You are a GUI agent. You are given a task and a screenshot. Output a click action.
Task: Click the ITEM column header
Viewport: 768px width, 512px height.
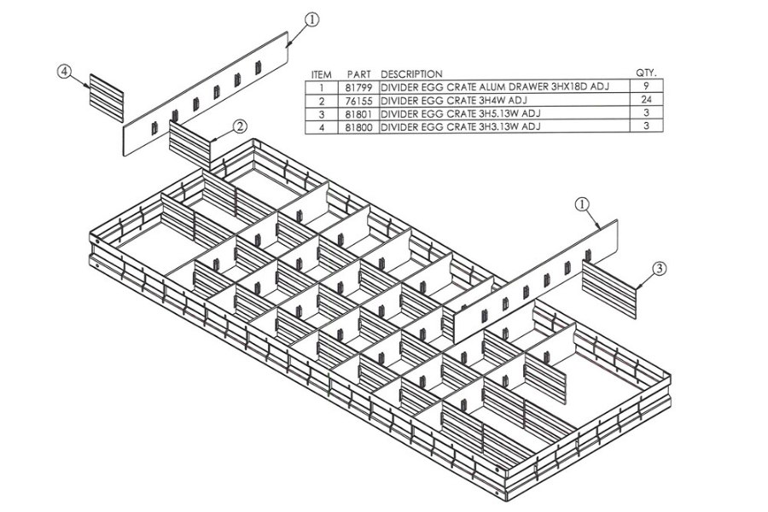(x=322, y=74)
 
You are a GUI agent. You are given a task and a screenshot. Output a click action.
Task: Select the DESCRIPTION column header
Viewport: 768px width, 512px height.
(x=411, y=74)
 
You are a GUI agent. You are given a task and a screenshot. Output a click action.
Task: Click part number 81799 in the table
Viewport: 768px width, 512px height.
(x=358, y=86)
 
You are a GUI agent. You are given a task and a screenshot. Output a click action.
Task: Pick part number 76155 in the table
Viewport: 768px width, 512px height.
(x=358, y=100)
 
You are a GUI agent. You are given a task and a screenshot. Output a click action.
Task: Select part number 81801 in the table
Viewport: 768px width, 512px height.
(x=358, y=113)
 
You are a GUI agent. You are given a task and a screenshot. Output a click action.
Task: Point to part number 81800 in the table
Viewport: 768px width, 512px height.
(x=358, y=127)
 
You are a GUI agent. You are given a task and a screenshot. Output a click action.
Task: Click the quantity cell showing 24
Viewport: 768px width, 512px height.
(x=647, y=100)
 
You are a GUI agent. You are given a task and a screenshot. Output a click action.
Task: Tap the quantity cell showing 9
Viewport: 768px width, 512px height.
(x=647, y=86)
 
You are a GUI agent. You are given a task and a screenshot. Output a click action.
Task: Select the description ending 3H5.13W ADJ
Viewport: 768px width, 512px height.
(x=461, y=113)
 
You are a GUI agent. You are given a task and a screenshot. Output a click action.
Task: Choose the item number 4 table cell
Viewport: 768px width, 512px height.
(x=322, y=127)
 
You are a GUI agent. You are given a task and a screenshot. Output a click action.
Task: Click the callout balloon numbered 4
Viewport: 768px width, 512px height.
(x=65, y=73)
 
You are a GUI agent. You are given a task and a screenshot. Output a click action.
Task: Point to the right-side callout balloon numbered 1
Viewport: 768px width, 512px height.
(x=582, y=204)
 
